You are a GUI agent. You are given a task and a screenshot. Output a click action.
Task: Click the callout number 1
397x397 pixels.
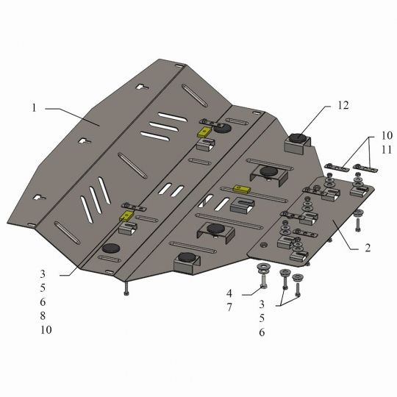point(34,108)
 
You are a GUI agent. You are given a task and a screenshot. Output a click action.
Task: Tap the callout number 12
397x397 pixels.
point(343,105)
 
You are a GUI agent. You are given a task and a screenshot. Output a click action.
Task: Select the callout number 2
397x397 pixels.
point(368,248)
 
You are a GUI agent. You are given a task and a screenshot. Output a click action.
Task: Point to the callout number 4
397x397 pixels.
point(229,293)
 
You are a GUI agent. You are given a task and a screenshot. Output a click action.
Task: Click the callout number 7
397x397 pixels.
point(229,307)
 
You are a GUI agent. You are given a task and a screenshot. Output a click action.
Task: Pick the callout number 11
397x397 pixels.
point(387,150)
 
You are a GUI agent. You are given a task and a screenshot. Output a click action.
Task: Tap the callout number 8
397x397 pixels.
point(43,315)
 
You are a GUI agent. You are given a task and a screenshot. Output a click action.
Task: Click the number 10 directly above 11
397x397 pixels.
point(387,136)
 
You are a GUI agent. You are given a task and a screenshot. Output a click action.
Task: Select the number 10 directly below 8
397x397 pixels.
point(46,329)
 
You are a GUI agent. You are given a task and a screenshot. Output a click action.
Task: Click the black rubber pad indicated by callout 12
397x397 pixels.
point(298,138)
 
